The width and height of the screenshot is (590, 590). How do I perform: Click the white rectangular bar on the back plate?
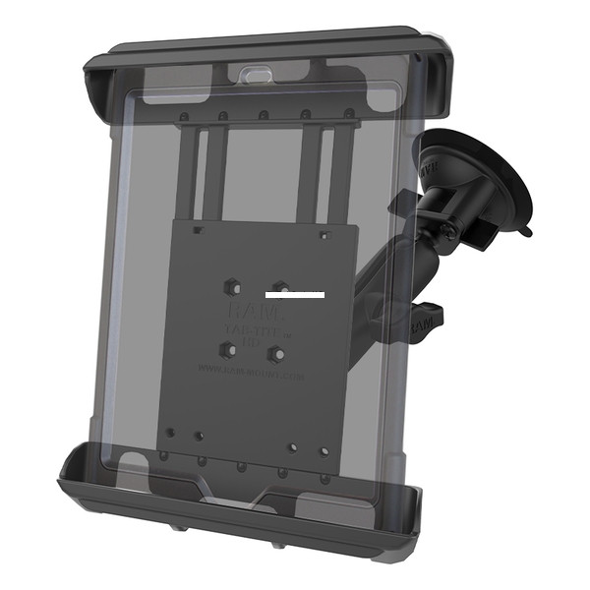click(294, 294)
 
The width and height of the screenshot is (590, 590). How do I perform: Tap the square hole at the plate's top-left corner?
click(199, 229)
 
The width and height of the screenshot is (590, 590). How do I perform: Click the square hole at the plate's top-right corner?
click(324, 235)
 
